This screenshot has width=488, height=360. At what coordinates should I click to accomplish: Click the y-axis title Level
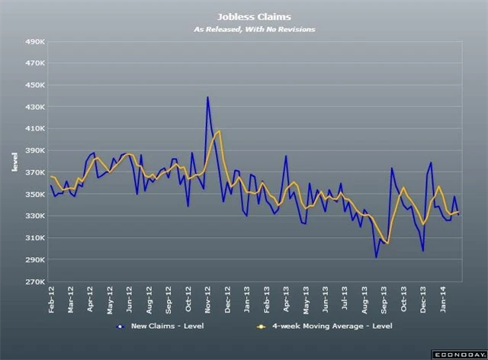pos(14,162)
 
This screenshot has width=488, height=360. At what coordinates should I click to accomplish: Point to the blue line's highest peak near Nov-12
pos(208,98)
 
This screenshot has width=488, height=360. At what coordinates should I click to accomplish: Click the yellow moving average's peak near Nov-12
pos(219,131)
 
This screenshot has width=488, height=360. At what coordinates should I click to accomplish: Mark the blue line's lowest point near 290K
pos(376,257)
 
